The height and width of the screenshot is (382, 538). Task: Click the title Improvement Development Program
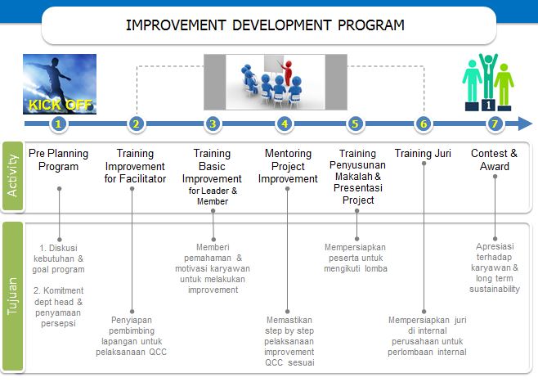pos(265,25)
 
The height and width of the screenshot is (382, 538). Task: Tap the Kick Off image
pos(60,83)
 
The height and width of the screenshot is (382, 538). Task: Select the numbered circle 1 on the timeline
pos(58,124)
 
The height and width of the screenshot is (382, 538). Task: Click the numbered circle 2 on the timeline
pos(137,124)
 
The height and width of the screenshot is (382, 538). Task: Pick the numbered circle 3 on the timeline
pos(213,124)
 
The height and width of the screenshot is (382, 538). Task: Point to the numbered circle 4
pos(285,124)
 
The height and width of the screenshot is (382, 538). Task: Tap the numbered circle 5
pos(355,124)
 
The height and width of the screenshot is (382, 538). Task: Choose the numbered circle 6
pos(423,124)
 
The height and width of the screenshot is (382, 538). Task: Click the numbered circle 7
pos(494,124)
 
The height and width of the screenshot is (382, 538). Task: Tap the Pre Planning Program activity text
pos(60,160)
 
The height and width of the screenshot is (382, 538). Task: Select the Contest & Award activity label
pos(494,160)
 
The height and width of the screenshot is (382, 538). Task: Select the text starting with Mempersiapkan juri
pos(427,335)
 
